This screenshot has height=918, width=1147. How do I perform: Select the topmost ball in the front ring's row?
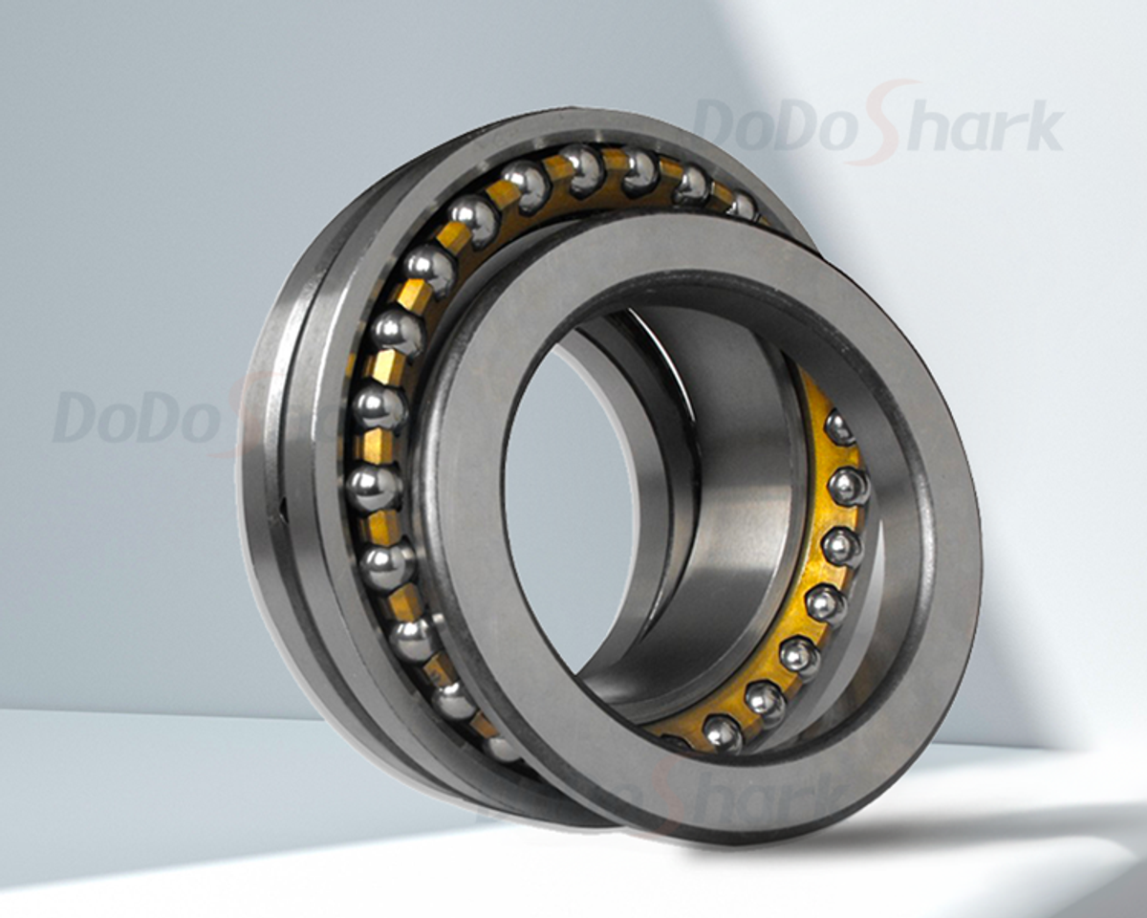click(839, 428)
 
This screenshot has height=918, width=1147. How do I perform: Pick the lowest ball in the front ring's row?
click(723, 734)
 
